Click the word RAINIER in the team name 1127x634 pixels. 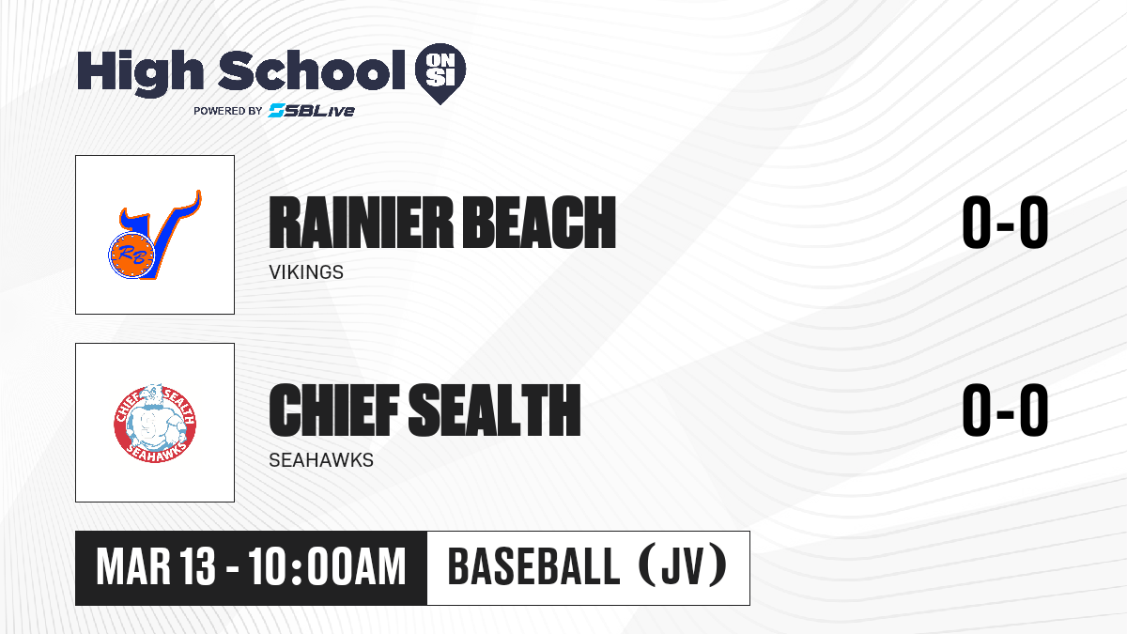tap(362, 223)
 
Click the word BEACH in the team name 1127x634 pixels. tap(539, 223)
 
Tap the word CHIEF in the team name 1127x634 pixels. tap(334, 410)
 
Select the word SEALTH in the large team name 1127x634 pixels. tap(495, 410)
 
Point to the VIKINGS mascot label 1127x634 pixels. tap(306, 272)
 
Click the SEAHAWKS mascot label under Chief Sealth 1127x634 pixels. tap(321, 460)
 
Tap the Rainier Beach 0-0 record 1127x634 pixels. tap(1005, 222)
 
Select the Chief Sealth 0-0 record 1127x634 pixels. tap(1005, 410)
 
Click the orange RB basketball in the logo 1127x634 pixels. tap(131, 255)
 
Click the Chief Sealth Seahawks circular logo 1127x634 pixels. tap(155, 424)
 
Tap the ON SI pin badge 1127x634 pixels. tap(440, 73)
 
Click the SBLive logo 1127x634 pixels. tap(311, 110)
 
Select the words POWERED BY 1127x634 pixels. tap(227, 111)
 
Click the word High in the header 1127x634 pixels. tap(140, 73)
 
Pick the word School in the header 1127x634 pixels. tap(312, 70)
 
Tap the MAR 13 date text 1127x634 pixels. tap(156, 567)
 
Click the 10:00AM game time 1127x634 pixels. tap(327, 567)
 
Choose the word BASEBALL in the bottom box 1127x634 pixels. tap(533, 566)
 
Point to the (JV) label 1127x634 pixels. tap(686, 566)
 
